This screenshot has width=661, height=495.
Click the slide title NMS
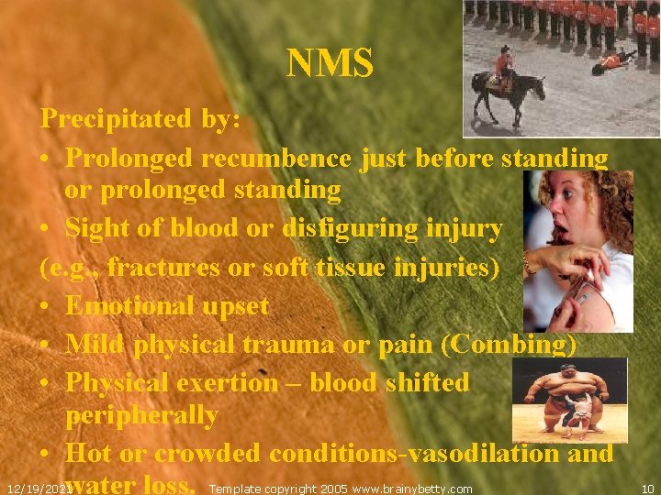pyautogui.click(x=330, y=64)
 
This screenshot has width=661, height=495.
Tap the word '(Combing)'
pyautogui.click(x=510, y=345)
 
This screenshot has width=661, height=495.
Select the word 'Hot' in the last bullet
pyautogui.click(x=89, y=453)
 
